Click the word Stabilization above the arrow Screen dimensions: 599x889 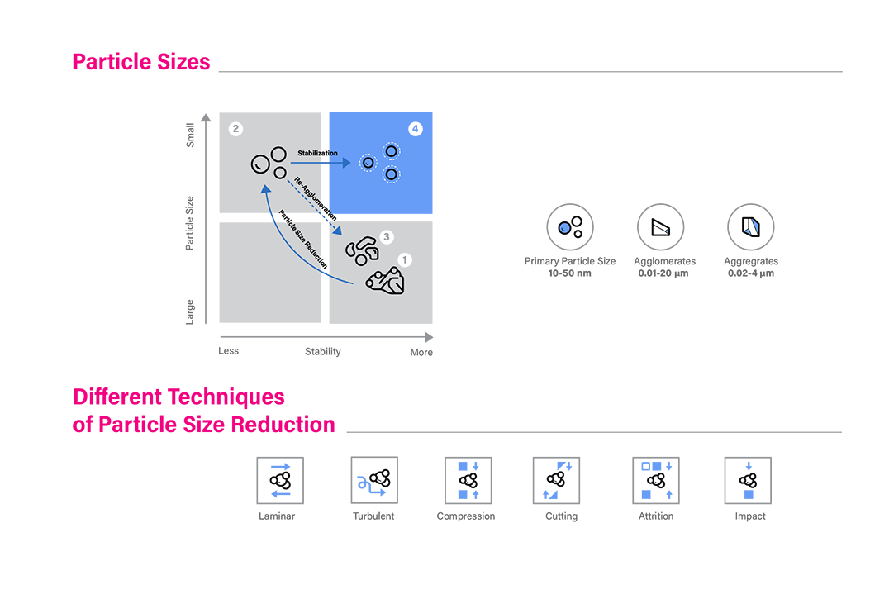318,154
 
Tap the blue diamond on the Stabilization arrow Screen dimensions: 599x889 325,164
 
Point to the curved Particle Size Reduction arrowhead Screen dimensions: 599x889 264,189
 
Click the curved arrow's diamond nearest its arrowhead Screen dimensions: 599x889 272,217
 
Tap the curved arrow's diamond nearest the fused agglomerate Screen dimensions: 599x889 325,273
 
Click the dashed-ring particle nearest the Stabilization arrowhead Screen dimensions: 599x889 368,164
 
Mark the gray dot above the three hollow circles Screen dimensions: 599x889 235,129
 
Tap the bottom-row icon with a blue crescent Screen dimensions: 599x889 373,480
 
